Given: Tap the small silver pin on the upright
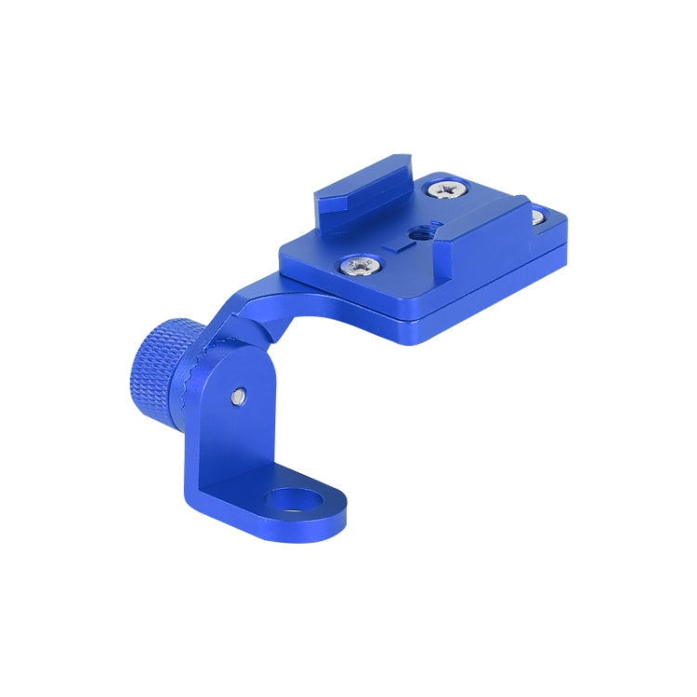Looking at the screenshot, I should [240, 397].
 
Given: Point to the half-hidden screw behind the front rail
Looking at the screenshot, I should [536, 218].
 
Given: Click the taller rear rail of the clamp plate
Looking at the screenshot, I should [362, 185].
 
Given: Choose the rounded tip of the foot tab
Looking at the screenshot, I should [330, 520].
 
